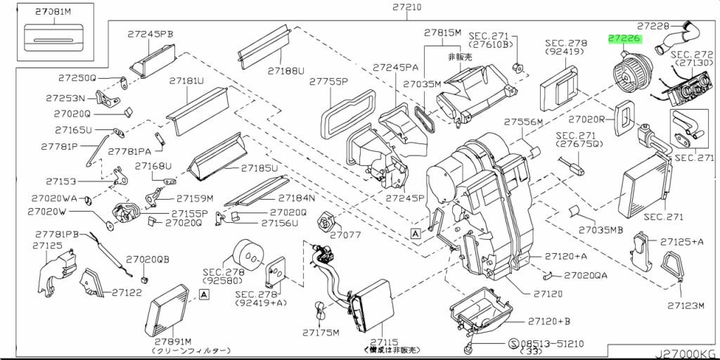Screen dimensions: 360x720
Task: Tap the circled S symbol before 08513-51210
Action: point(514,343)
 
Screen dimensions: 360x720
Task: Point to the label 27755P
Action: point(328,82)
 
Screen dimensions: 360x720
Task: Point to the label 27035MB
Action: point(601,229)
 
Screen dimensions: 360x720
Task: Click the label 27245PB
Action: point(150,33)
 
